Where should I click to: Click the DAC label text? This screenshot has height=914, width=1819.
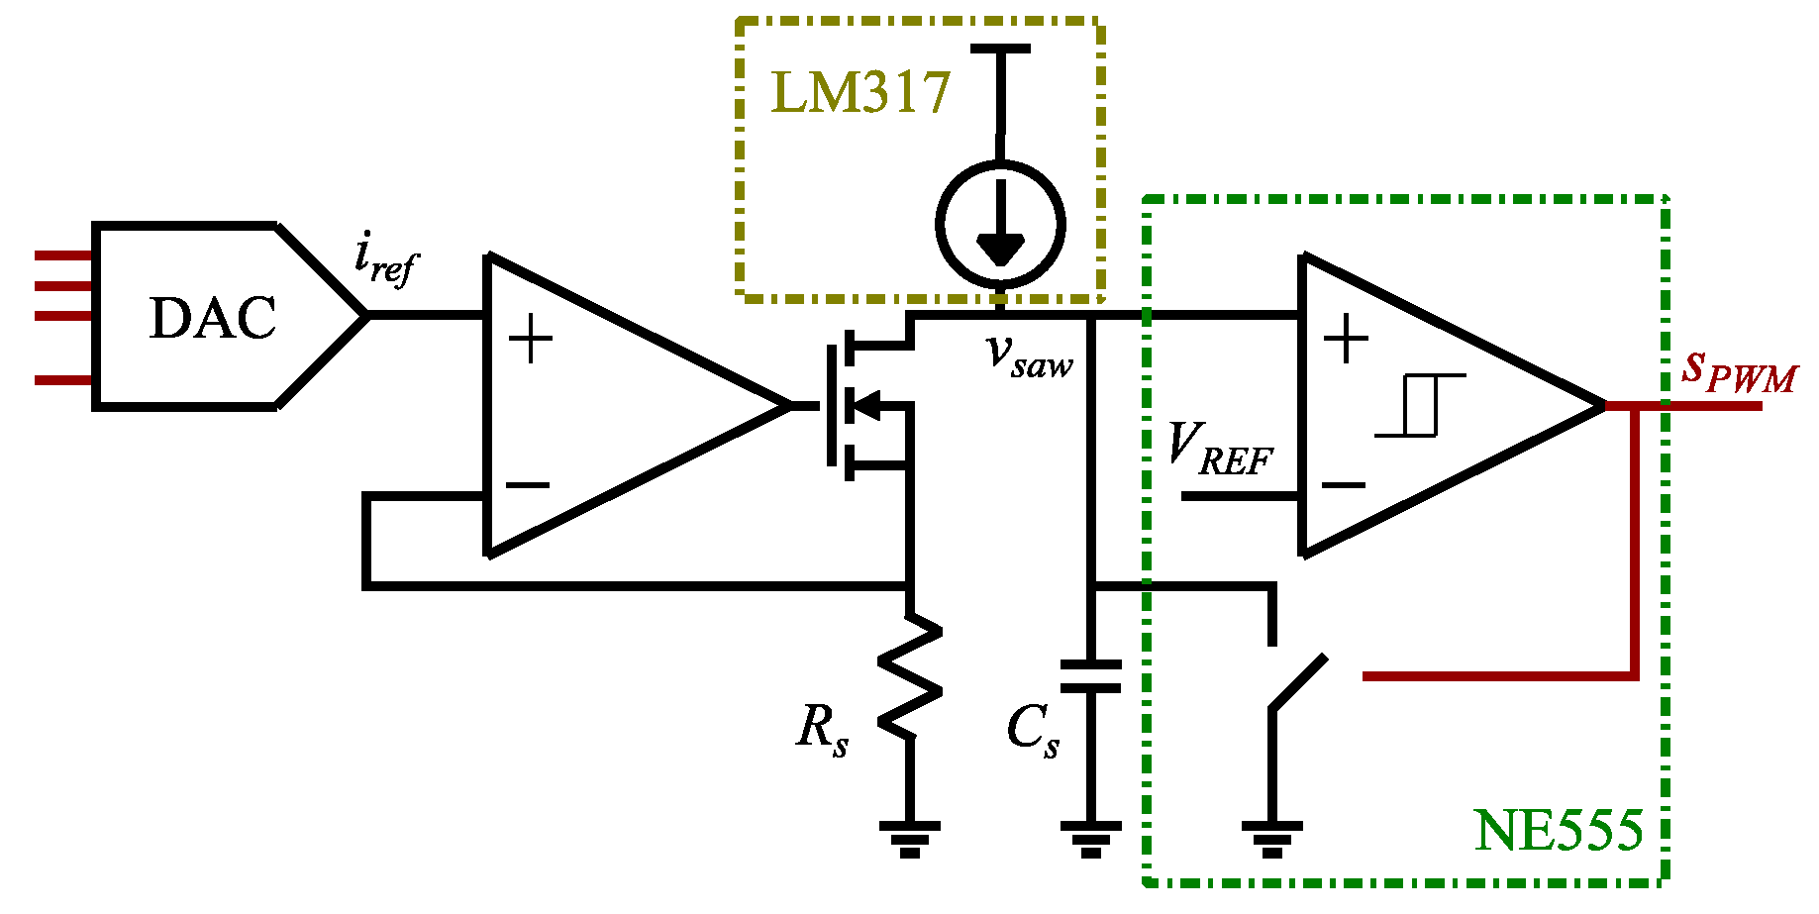click(213, 319)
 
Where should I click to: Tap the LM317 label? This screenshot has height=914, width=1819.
click(859, 94)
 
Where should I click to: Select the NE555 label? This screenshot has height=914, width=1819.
click(1559, 830)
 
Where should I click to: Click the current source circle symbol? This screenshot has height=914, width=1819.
click(1000, 224)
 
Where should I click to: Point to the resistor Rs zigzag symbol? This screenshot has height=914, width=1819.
click(909, 676)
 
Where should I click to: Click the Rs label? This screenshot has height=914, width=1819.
click(822, 729)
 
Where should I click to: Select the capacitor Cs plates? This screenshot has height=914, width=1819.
click(1090, 676)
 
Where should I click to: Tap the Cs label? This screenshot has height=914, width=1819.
click(1033, 731)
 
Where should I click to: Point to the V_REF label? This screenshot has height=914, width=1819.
click(1219, 450)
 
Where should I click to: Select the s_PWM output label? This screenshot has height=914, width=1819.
click(1739, 370)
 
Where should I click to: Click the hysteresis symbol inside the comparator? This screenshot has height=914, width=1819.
click(1420, 405)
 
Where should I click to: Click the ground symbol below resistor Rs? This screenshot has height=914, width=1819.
click(909, 838)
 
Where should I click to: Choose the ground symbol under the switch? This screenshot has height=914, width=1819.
click(1271, 838)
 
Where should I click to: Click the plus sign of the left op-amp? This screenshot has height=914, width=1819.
click(530, 340)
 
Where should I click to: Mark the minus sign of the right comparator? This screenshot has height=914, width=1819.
click(1344, 484)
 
